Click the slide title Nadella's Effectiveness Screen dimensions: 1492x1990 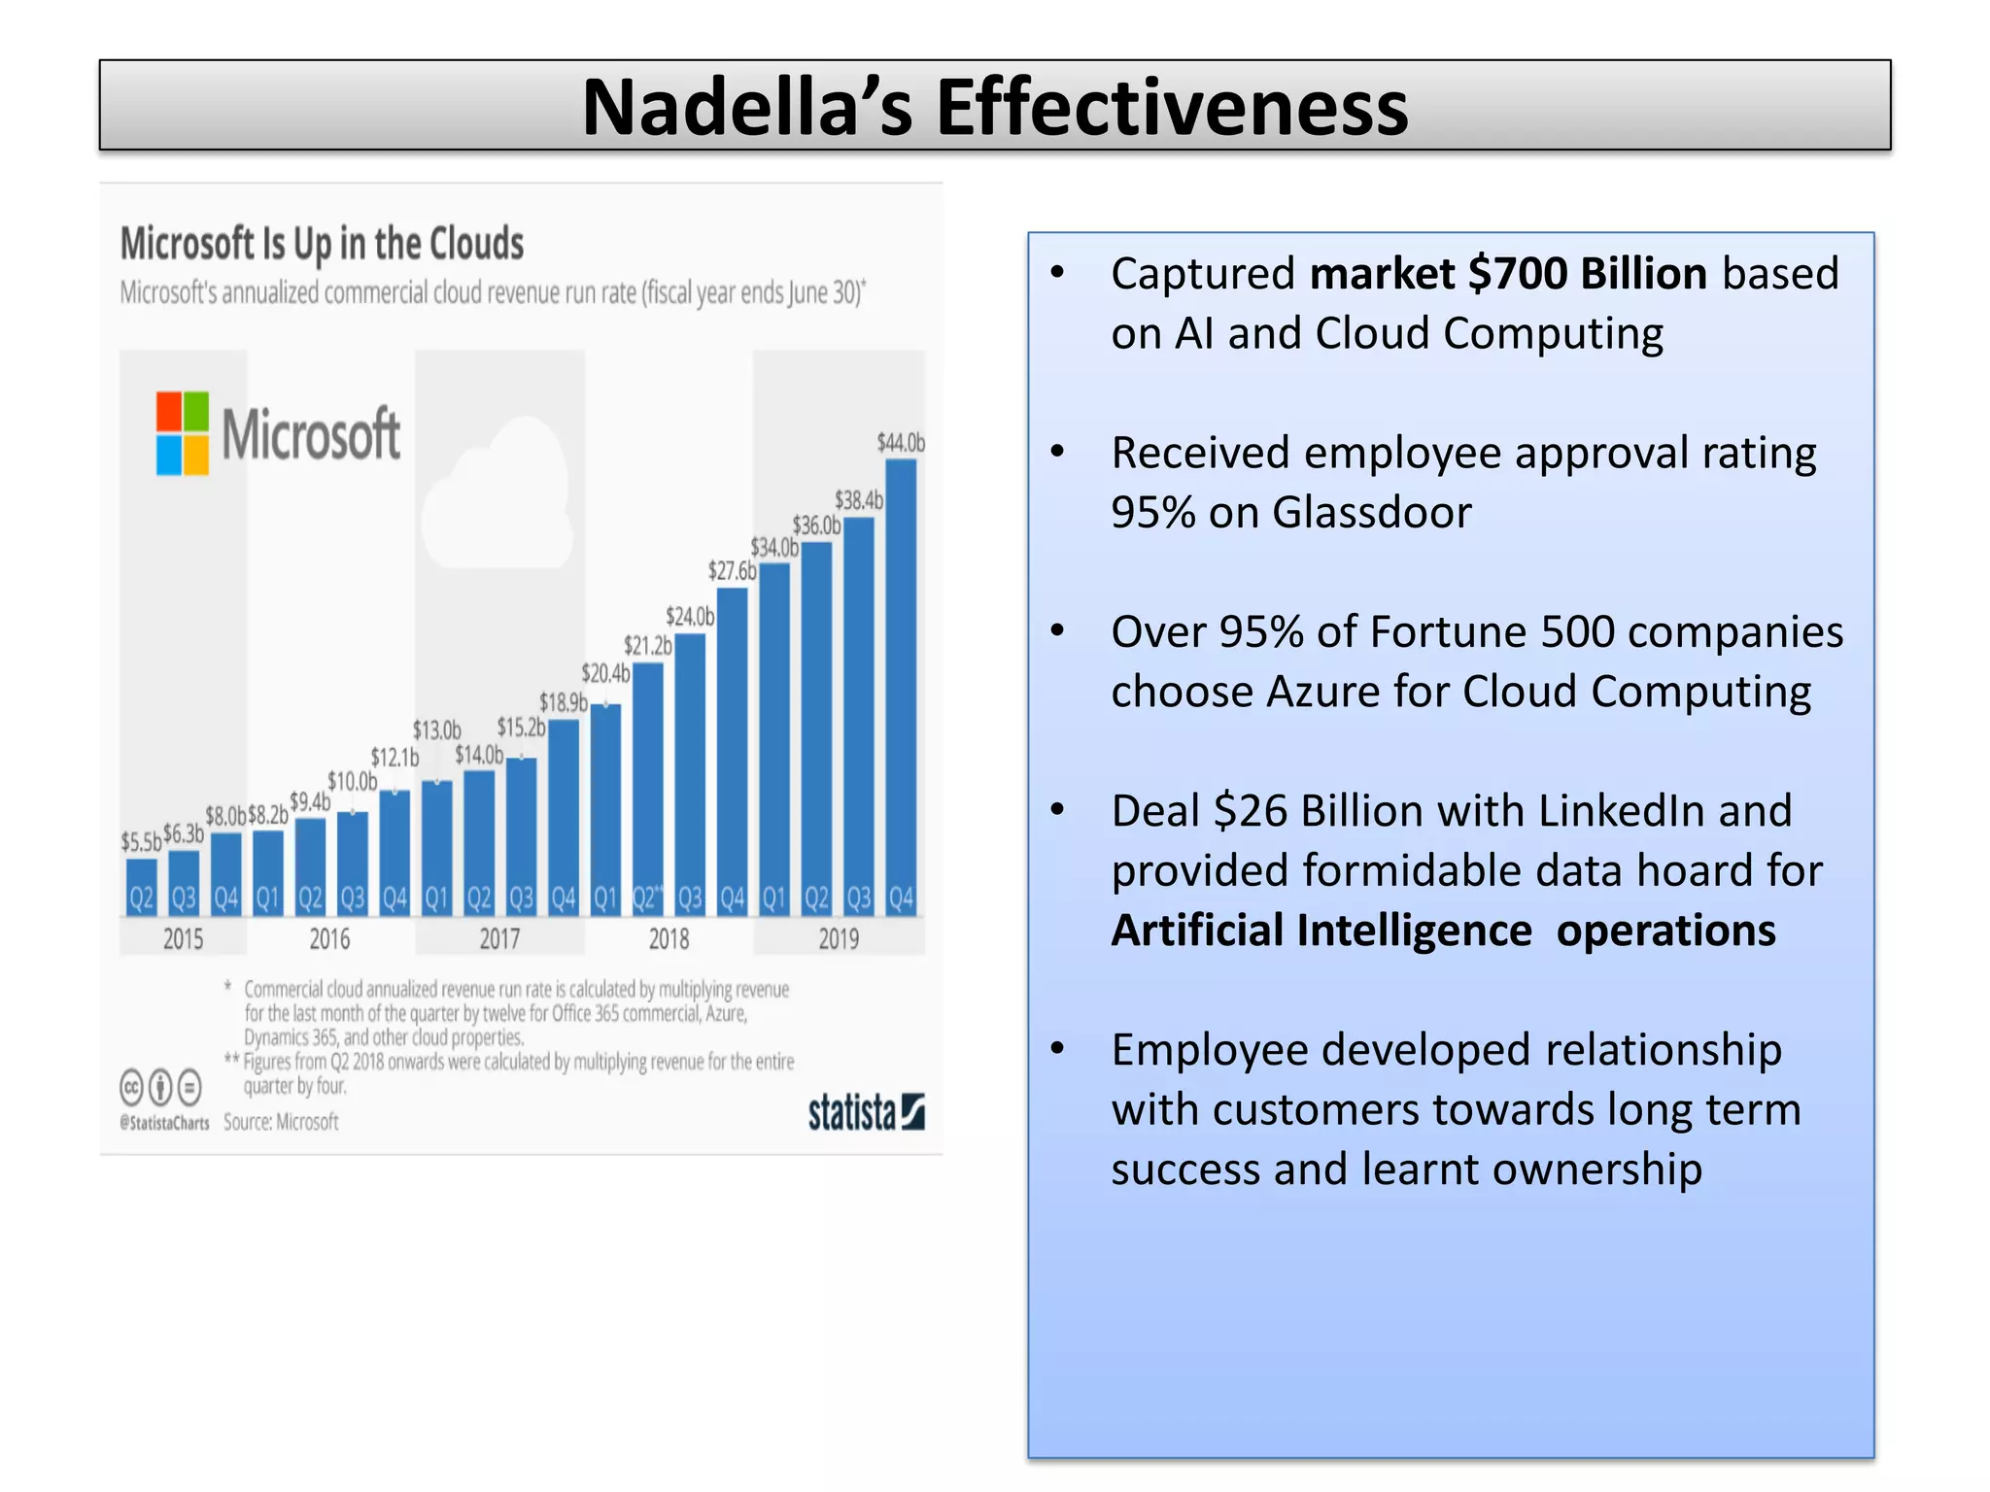994,106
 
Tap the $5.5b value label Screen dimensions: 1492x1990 141,841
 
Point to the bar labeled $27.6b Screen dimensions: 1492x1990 732,748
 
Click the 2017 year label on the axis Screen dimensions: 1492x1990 499,939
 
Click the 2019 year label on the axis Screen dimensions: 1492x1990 838,939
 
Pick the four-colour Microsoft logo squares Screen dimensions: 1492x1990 183,433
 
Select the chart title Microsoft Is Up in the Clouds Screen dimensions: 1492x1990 322,244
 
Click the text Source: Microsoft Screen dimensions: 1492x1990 281,1122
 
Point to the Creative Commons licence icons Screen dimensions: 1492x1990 161,1087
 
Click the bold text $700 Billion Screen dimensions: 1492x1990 1587,274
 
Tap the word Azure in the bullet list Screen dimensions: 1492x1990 1322,692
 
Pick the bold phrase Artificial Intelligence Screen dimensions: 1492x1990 1321,931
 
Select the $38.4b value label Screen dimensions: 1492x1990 859,500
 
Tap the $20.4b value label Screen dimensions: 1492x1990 605,673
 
